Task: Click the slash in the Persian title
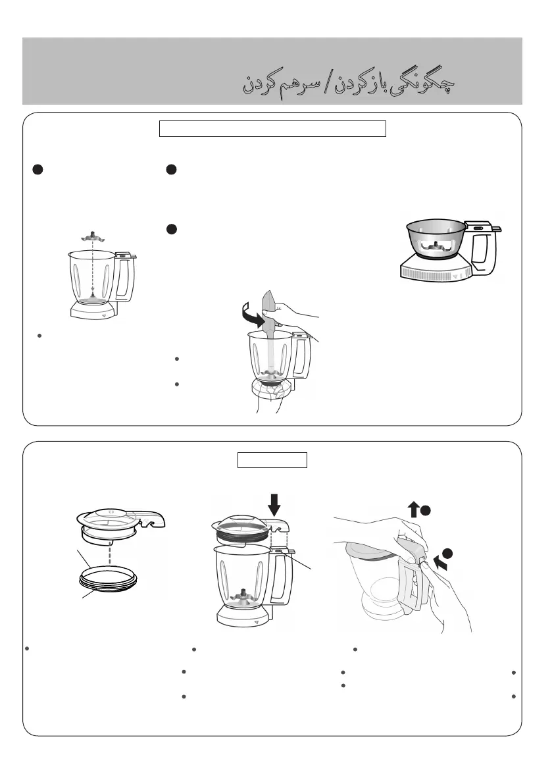(327, 84)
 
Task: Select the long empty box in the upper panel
(273, 128)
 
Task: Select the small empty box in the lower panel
(272, 460)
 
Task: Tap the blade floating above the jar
(92, 236)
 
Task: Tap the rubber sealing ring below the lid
(108, 579)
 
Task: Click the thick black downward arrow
(274, 504)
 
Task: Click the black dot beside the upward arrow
(426, 511)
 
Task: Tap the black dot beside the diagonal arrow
(447, 553)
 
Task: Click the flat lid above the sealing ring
(120, 523)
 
